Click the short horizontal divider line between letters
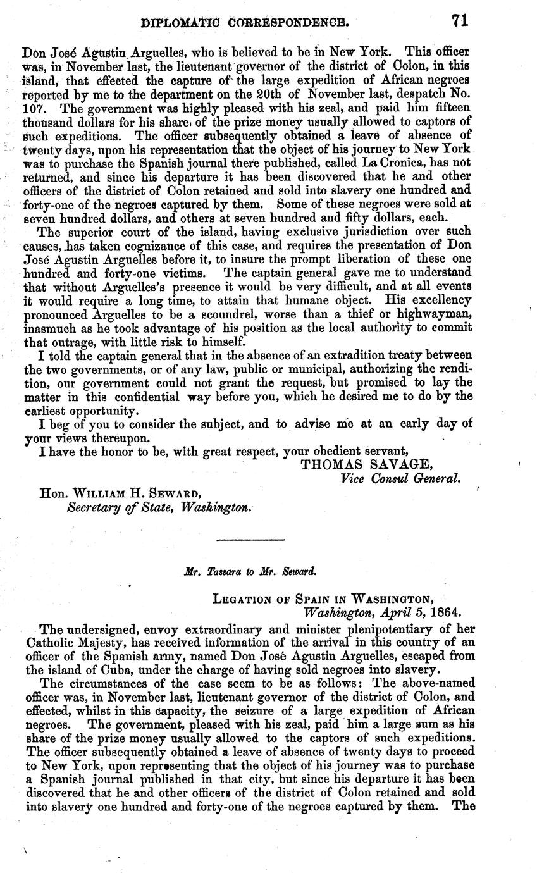tap(250, 540)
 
